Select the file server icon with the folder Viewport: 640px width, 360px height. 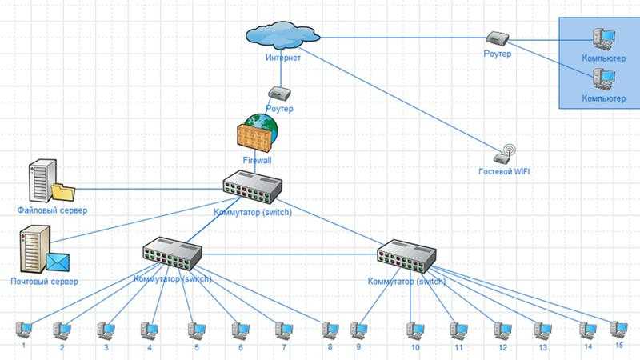coord(49,182)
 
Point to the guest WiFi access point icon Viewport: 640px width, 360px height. coord(506,154)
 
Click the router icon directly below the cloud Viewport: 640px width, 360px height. coord(278,94)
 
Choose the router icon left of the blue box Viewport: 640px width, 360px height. coord(496,38)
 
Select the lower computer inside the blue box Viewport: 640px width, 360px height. coord(602,78)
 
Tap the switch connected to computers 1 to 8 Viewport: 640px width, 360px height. coord(173,254)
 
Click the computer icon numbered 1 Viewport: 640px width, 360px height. coord(24,328)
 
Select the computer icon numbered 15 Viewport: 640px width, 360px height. coord(618,328)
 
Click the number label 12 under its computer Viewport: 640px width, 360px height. coord(502,349)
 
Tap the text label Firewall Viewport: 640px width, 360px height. coord(257,160)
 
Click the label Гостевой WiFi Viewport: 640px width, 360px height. coord(504,172)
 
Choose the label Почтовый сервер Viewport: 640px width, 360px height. coord(45,282)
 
